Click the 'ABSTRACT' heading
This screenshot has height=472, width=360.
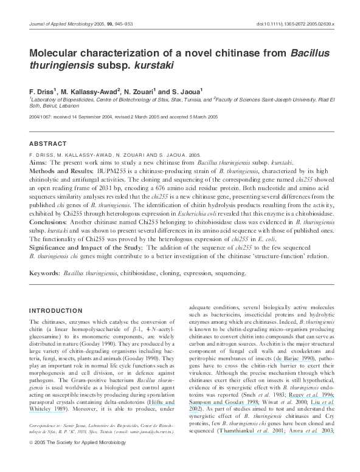(48, 143)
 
